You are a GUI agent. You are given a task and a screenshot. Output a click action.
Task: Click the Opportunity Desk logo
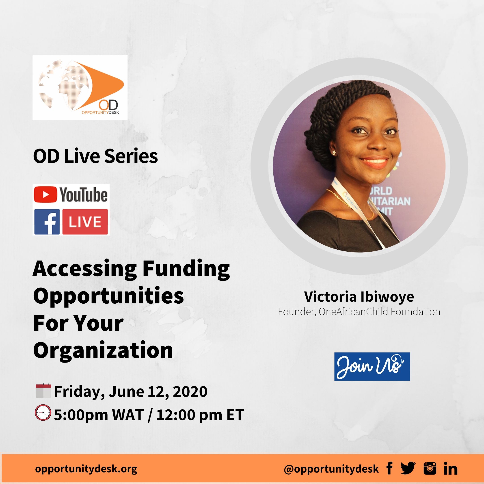pyautogui.click(x=80, y=87)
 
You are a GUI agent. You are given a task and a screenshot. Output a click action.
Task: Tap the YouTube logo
pyautogui.click(x=71, y=195)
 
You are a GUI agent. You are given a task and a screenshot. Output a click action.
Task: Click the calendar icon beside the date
pyautogui.click(x=43, y=391)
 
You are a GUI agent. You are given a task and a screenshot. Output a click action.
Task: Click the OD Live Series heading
pyautogui.click(x=95, y=156)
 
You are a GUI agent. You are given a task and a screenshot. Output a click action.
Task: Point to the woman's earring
pyautogui.click(x=334, y=153)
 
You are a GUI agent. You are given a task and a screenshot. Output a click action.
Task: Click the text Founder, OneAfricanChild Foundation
pyautogui.click(x=359, y=312)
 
